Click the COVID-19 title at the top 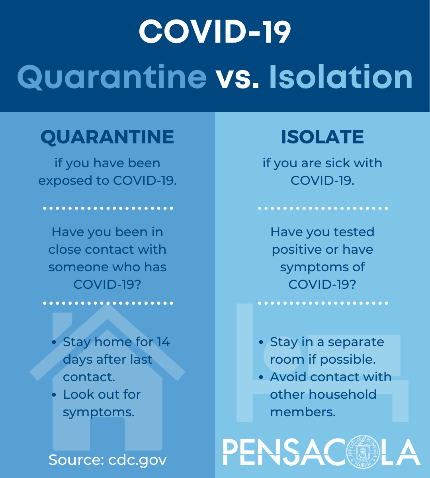[215, 31]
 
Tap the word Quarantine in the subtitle [112, 77]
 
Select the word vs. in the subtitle [238, 78]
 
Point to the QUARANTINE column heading [107, 137]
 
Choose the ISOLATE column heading [322, 137]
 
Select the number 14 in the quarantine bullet [163, 342]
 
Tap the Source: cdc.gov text [107, 460]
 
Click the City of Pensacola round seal [363, 452]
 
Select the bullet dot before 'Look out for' [54, 395]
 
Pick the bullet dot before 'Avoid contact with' [261, 377]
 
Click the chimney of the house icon [62, 325]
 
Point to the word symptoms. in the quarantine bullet [99, 413]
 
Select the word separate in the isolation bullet [356, 343]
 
